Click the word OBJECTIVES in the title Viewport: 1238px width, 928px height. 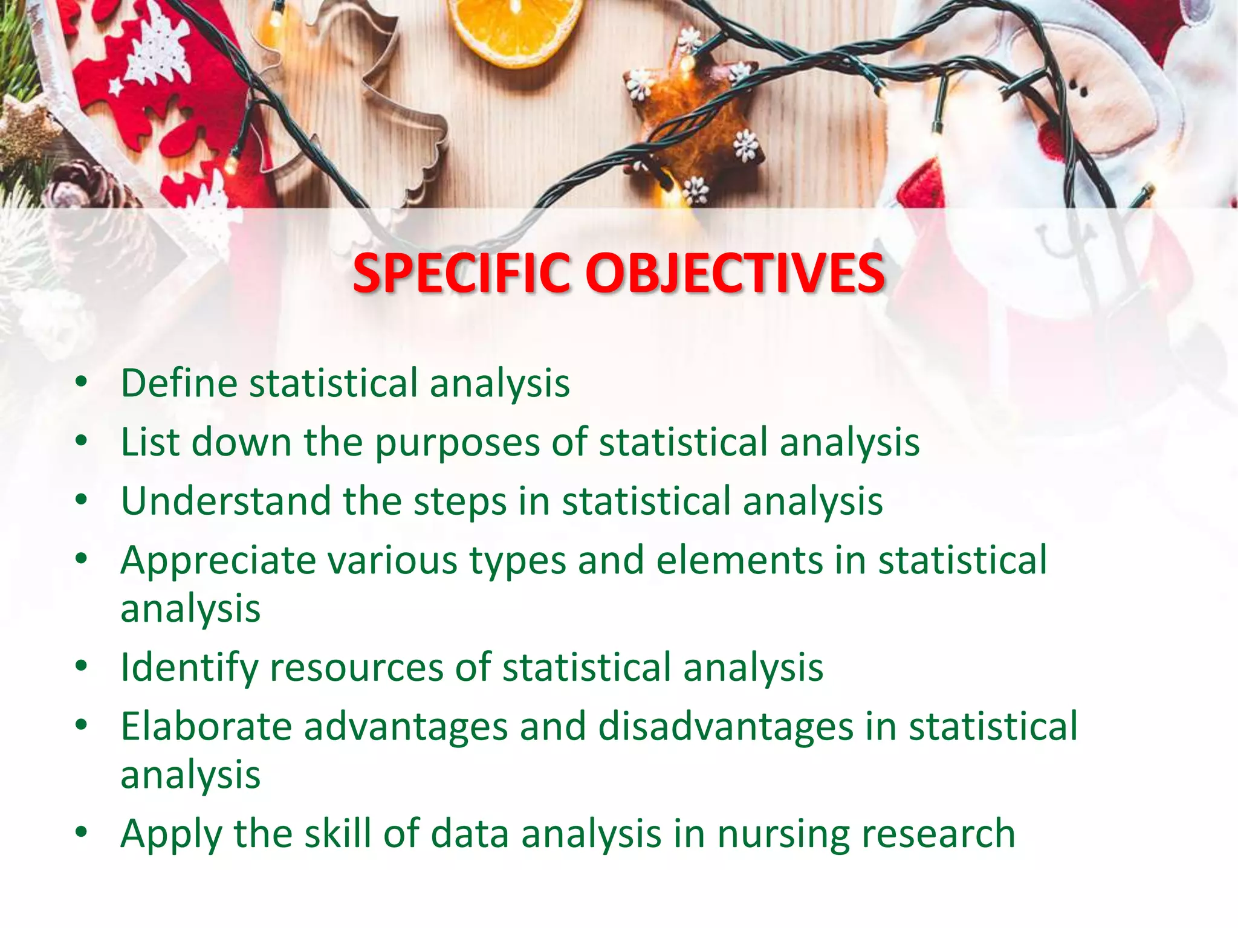click(734, 273)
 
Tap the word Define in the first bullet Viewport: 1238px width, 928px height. click(180, 383)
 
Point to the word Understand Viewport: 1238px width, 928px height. click(226, 501)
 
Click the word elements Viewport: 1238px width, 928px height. click(739, 560)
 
